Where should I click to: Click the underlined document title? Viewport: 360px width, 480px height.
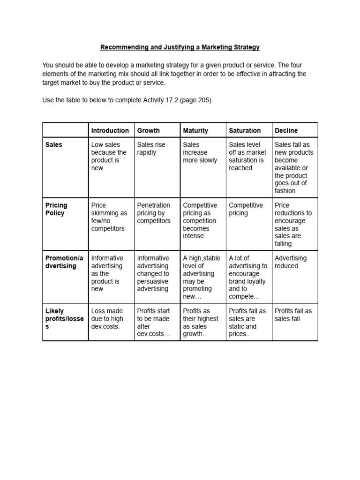coord(180,47)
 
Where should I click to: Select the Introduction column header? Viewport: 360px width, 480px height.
coord(110,130)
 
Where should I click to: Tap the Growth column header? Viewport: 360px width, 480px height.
coord(148,130)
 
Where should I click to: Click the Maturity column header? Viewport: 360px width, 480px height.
coord(195,130)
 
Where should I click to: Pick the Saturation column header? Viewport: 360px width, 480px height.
coord(245,130)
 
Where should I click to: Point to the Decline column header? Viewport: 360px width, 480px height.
coord(286,130)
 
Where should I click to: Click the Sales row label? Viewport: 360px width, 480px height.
coord(53,145)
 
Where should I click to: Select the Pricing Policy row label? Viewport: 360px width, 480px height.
coord(56,209)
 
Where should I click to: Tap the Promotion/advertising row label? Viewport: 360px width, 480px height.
coord(64,262)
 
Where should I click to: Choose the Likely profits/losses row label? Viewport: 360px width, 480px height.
coord(64,319)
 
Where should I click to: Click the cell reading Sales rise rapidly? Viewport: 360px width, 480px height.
coord(151,149)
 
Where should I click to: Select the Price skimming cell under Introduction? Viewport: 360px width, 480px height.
coord(109,217)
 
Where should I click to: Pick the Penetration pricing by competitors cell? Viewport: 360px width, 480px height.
coord(154,213)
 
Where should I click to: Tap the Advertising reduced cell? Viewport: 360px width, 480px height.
coord(291,262)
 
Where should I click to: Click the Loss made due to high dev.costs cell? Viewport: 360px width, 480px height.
coord(107,319)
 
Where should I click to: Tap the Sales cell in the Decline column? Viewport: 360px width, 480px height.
coord(294,167)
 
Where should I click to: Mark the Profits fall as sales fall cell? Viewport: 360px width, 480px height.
coord(293,315)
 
